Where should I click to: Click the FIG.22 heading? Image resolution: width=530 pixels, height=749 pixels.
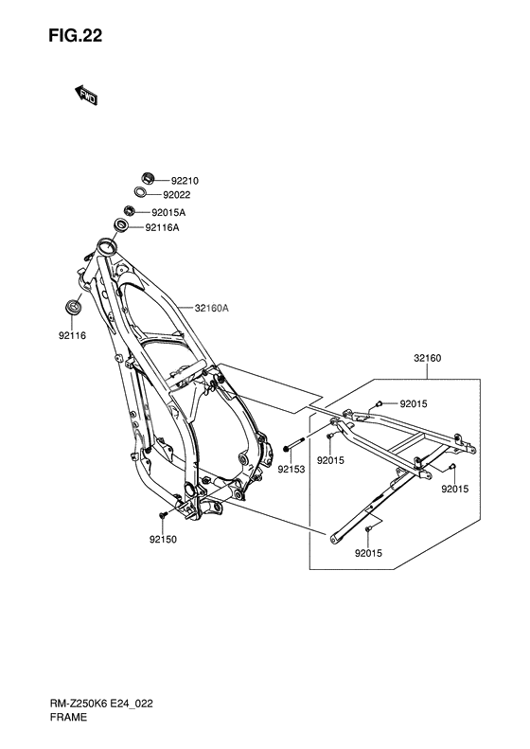tap(75, 36)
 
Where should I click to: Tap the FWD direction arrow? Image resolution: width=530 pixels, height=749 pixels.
tap(86, 95)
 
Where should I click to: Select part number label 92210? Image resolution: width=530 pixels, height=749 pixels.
tap(185, 181)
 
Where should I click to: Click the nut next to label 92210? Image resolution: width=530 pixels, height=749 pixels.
tap(148, 178)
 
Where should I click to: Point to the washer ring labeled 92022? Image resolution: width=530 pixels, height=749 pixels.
tap(141, 192)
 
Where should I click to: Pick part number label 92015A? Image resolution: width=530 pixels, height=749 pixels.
tap(168, 212)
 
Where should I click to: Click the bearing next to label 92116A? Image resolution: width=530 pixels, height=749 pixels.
tap(121, 225)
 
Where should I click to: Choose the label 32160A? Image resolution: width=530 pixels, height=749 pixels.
tap(211, 309)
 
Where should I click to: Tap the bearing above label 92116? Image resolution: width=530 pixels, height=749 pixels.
tap(73, 306)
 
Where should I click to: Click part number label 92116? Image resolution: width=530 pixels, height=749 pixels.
tap(73, 336)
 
